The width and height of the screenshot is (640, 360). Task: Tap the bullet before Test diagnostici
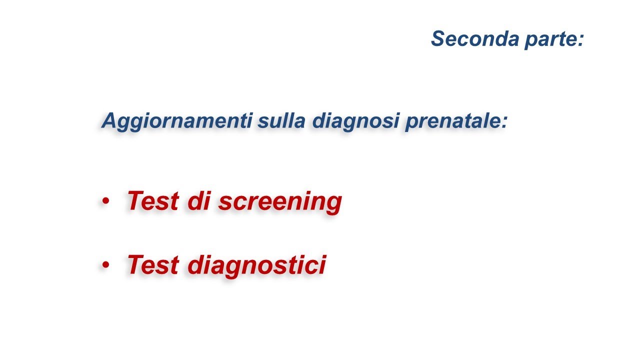pyautogui.click(x=105, y=265)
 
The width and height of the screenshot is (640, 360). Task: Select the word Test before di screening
pyautogui.click(x=153, y=201)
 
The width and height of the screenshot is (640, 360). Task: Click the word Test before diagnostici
pyautogui.click(x=153, y=264)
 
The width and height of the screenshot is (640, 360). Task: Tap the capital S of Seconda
pyautogui.click(x=438, y=38)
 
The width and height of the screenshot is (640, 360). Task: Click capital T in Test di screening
pyautogui.click(x=135, y=201)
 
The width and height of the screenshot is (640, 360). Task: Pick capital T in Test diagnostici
pyautogui.click(x=135, y=264)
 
